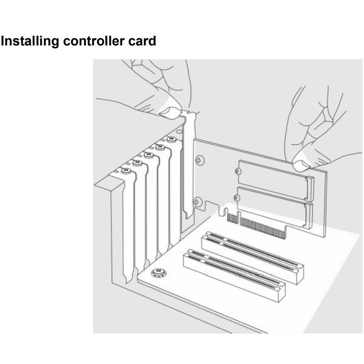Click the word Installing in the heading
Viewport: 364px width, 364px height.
tap(30, 41)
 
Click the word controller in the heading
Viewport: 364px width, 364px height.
tap(94, 41)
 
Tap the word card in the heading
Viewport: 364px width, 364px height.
tap(142, 41)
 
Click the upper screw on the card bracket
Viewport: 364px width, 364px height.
tap(200, 160)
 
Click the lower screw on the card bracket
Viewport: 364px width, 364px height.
tap(198, 202)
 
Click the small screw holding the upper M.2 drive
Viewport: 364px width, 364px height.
tap(238, 172)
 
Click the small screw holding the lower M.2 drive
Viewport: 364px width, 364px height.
tap(236, 198)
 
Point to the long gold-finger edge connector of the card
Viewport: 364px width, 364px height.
tap(263, 228)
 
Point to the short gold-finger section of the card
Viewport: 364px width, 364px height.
tap(233, 218)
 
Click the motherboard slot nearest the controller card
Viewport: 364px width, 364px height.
tap(253, 258)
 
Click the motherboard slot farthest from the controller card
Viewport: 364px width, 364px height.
tap(234, 276)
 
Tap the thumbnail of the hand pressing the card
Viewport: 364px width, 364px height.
tap(301, 164)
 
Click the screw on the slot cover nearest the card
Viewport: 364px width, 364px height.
tap(172, 139)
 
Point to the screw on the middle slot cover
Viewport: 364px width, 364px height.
tap(149, 155)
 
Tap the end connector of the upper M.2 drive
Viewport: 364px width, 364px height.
tap(310, 189)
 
